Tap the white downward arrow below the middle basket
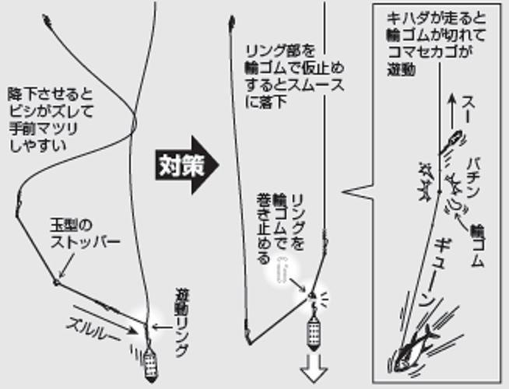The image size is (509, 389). (317, 365)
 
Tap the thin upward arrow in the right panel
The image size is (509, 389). (452, 109)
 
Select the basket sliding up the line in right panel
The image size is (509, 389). (452, 142)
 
